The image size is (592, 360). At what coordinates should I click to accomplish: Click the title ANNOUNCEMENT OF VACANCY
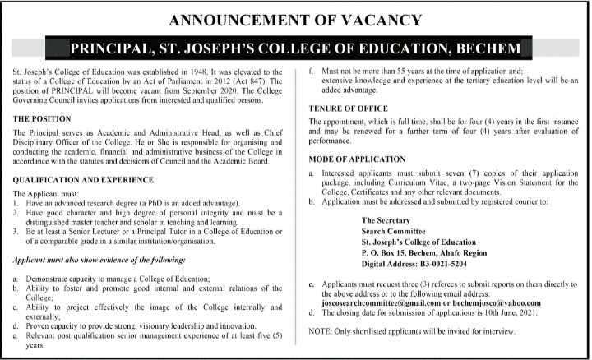click(x=295, y=19)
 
